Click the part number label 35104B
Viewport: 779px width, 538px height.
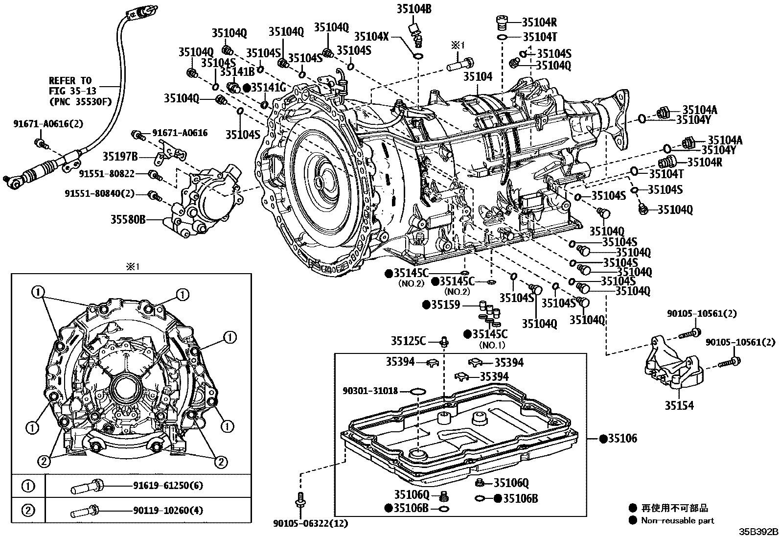(414, 9)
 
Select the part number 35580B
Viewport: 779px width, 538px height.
(128, 220)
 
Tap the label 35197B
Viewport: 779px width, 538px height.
(120, 157)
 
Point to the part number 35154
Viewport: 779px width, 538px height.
(679, 405)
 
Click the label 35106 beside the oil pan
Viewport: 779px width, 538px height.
(622, 439)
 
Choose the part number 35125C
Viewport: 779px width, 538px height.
(408, 341)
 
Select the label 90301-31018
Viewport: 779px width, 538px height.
(370, 391)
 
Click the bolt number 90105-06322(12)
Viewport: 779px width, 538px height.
(310, 523)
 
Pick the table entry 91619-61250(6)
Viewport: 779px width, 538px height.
(168, 486)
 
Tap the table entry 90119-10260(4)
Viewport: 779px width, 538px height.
(168, 511)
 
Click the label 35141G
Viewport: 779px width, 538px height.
(268, 87)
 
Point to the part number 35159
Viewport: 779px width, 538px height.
(445, 305)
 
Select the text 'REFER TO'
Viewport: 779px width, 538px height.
(70, 81)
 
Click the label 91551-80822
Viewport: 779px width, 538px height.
(106, 173)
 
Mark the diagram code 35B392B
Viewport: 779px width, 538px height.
(758, 532)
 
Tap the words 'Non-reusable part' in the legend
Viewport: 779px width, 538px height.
(677, 520)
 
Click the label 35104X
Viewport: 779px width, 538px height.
(371, 36)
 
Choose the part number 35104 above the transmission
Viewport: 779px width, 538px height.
(478, 76)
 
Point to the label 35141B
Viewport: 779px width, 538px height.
(237, 71)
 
